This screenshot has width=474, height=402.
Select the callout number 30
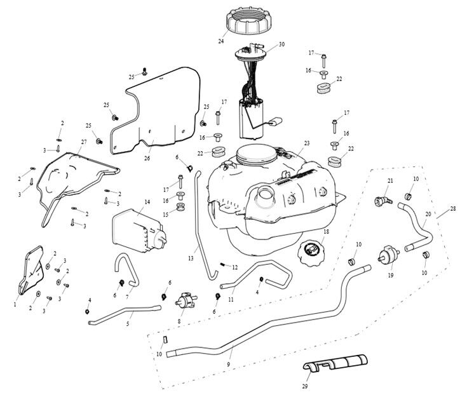click(x=281, y=45)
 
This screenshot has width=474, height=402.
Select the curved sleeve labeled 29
click(x=334, y=364)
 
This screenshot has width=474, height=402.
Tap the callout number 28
click(x=452, y=208)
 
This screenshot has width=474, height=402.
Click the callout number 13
click(x=190, y=259)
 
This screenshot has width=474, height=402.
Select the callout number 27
click(x=84, y=142)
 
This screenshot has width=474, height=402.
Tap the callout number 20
click(x=428, y=214)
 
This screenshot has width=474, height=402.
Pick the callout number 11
click(x=231, y=299)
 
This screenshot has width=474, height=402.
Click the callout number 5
click(x=127, y=324)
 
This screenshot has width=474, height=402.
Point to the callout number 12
click(x=235, y=267)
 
